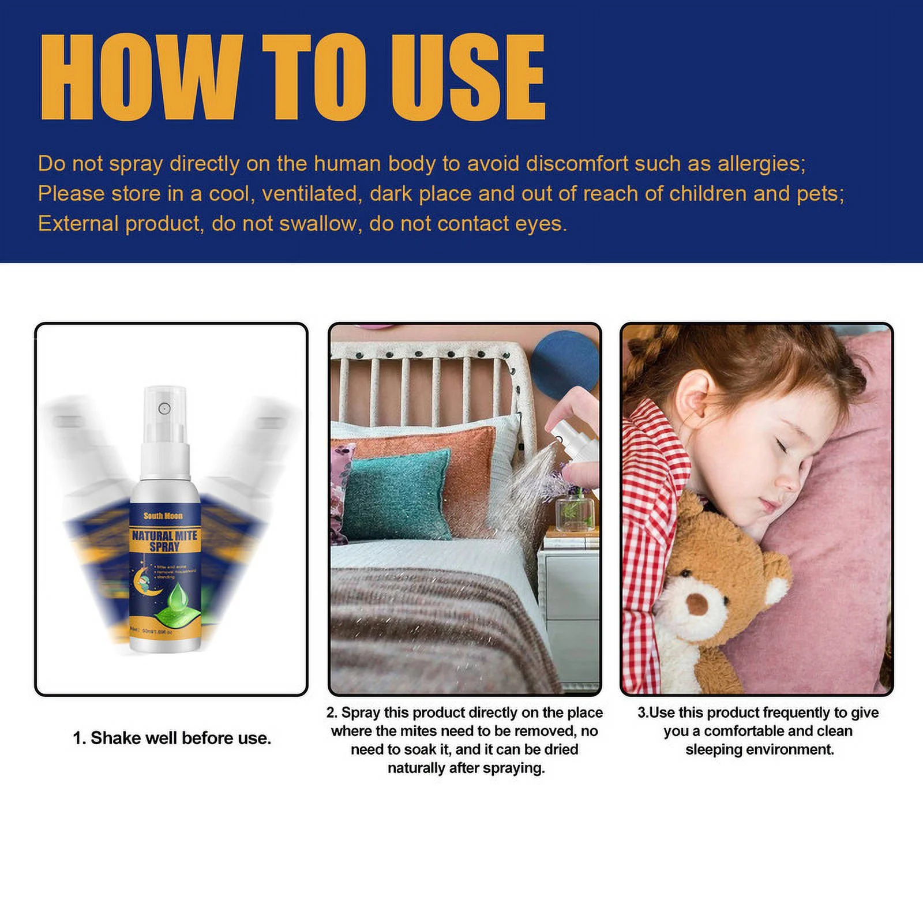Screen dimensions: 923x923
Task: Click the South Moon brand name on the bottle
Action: [x=163, y=516]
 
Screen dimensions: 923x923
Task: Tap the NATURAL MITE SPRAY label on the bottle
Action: [x=164, y=541]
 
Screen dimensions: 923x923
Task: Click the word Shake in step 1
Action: [x=112, y=738]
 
